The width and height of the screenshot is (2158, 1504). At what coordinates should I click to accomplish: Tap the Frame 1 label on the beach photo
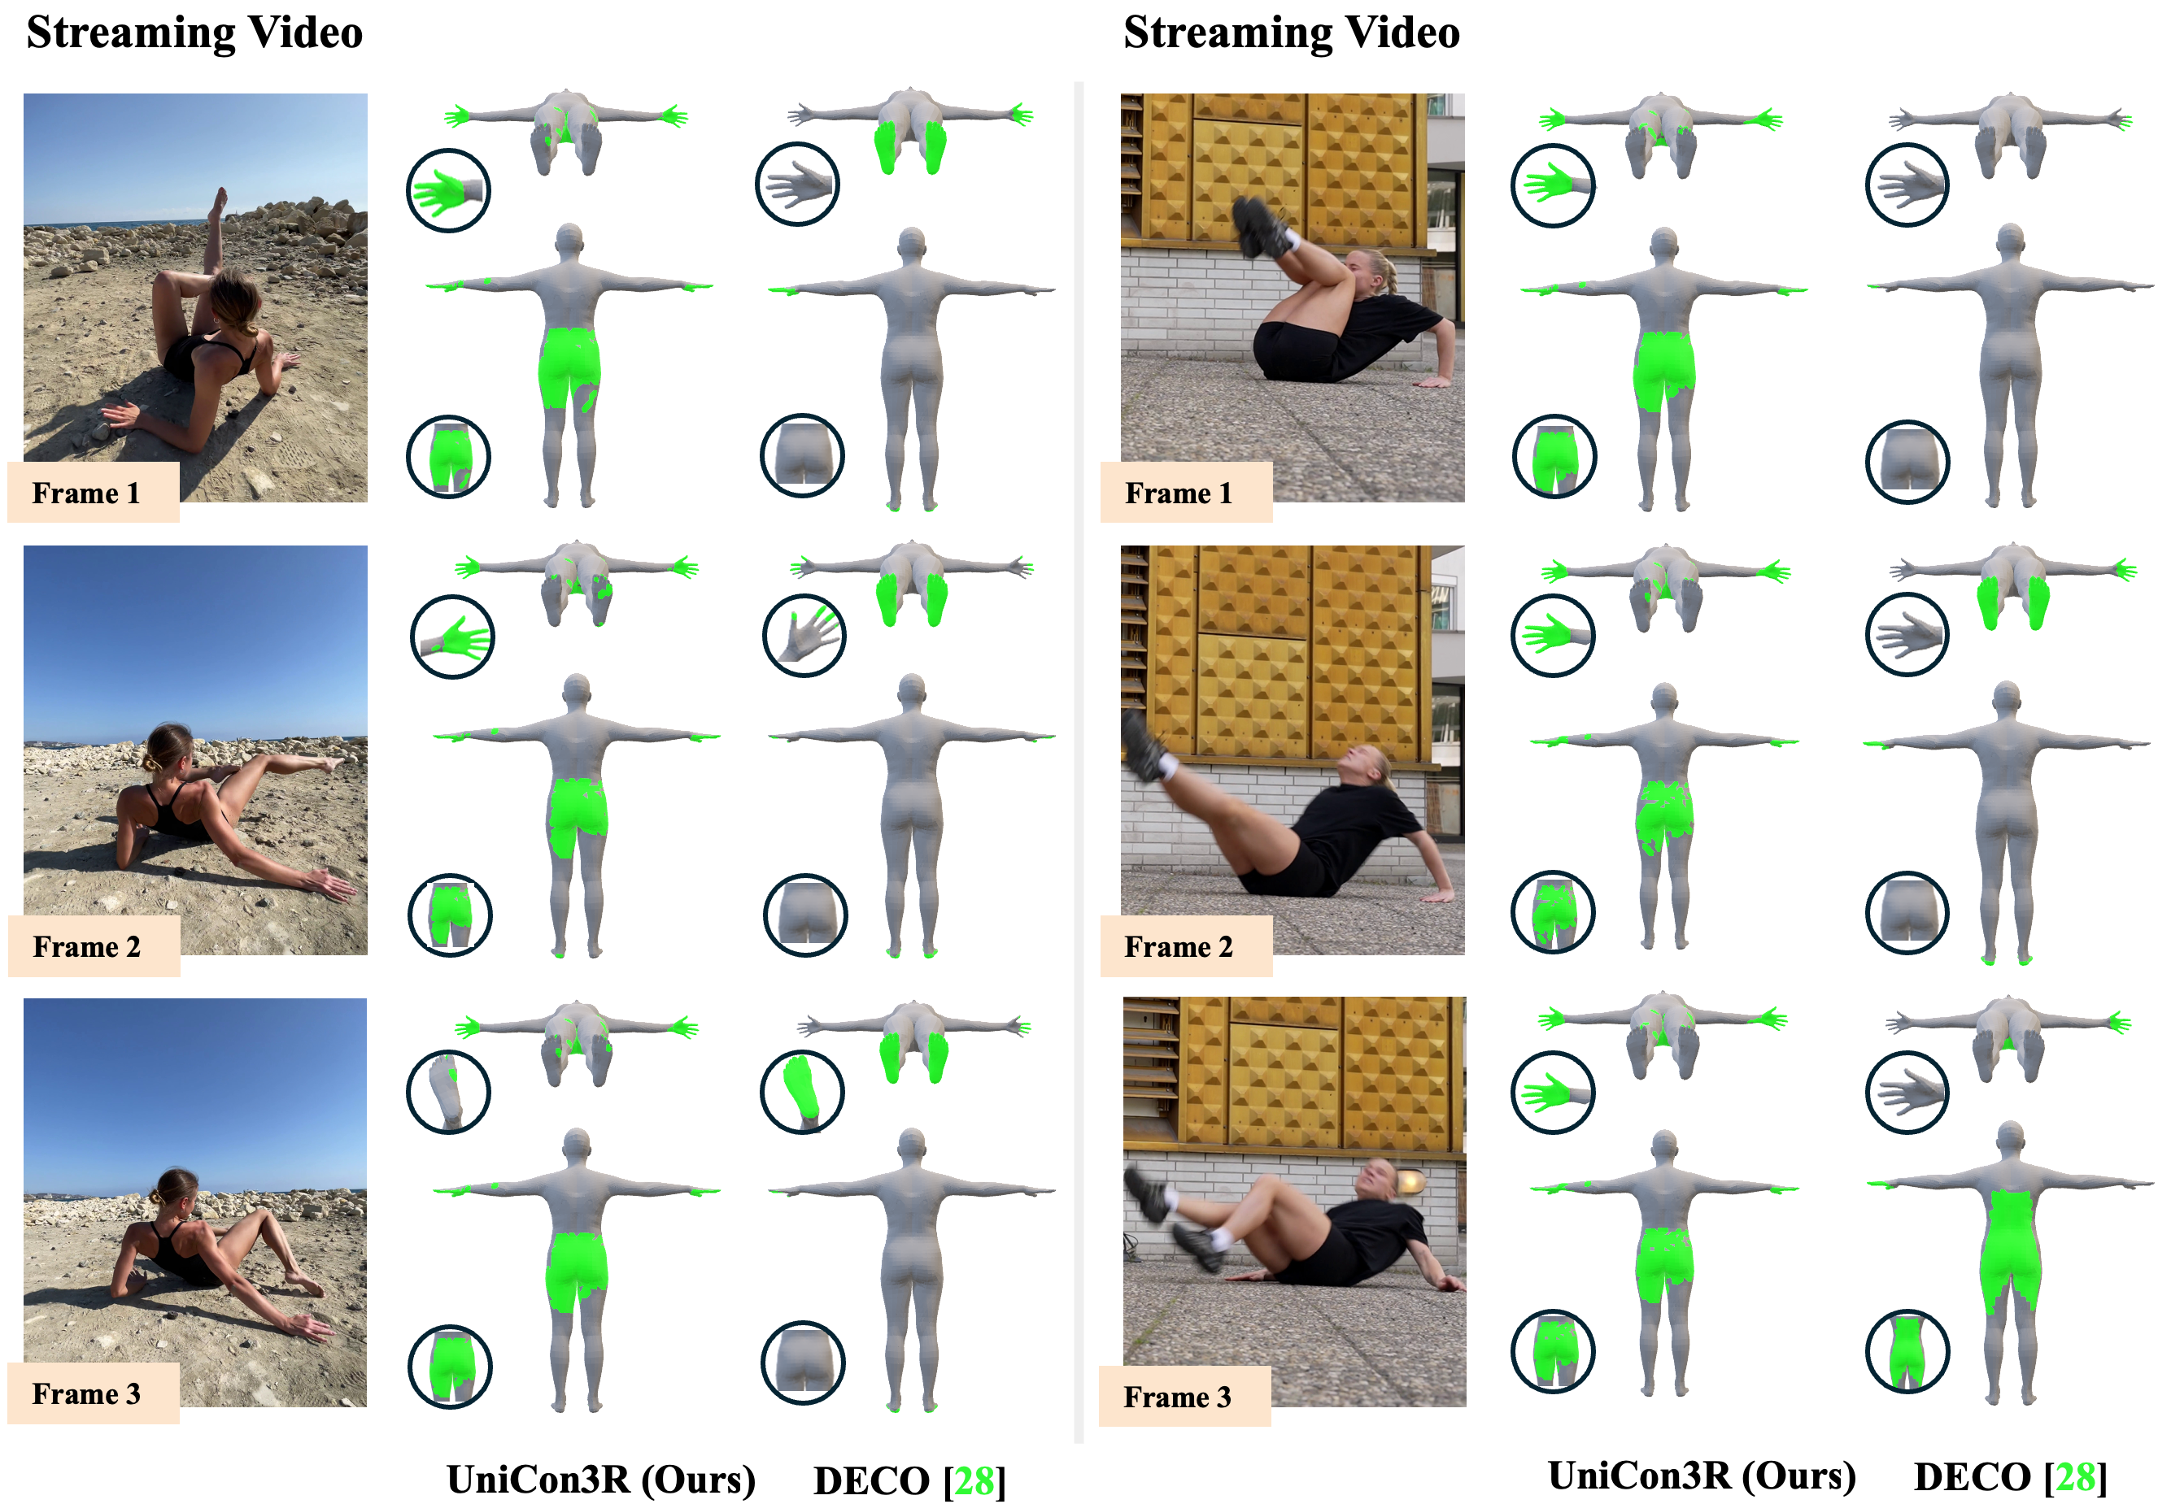click(x=86, y=493)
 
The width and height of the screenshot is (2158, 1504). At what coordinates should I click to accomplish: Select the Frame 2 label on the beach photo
click(x=86, y=946)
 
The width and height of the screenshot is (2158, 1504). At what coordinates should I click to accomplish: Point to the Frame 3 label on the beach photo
click(x=86, y=1393)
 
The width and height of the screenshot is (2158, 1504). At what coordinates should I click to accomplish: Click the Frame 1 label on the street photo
click(x=1179, y=493)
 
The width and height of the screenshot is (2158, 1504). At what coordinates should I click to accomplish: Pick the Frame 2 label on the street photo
click(x=1179, y=946)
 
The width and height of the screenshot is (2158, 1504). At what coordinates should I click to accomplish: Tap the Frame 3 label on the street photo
click(x=1178, y=1397)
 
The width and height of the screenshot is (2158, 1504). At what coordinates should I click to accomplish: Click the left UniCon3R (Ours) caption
click(x=600, y=1480)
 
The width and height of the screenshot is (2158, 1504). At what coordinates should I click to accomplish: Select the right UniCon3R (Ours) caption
click(x=1702, y=1476)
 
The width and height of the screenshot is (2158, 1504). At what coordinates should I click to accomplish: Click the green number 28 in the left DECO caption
click(x=974, y=1480)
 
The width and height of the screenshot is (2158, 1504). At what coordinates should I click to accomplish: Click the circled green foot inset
click(x=802, y=1092)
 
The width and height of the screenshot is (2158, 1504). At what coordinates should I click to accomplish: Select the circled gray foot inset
click(x=448, y=1092)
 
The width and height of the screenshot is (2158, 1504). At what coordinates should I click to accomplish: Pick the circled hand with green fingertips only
click(x=804, y=636)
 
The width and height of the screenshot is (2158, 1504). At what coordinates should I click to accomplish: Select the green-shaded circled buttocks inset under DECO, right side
click(x=1907, y=1351)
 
